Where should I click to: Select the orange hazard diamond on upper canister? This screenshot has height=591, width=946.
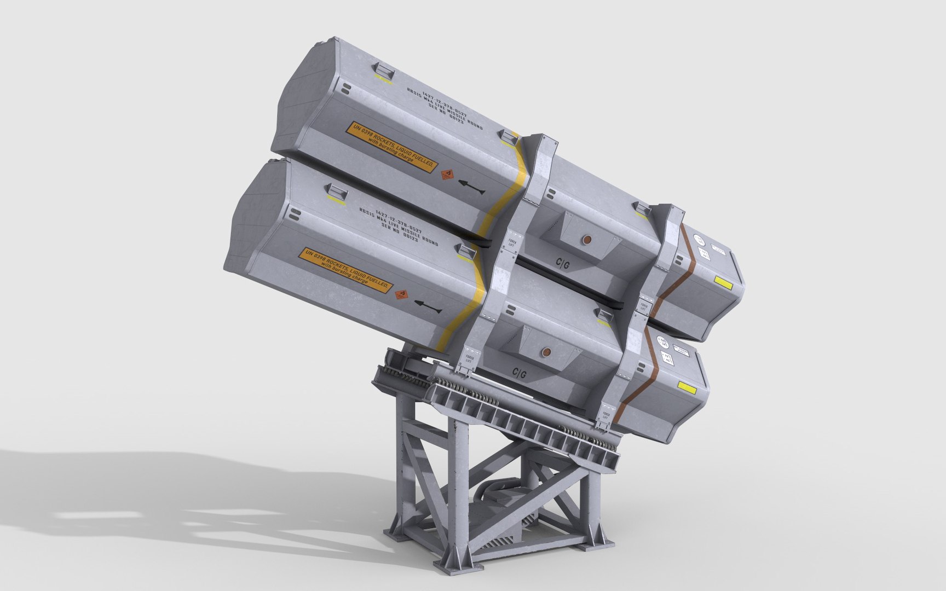pos(448,175)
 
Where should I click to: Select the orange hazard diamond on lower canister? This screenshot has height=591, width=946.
pos(403,294)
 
